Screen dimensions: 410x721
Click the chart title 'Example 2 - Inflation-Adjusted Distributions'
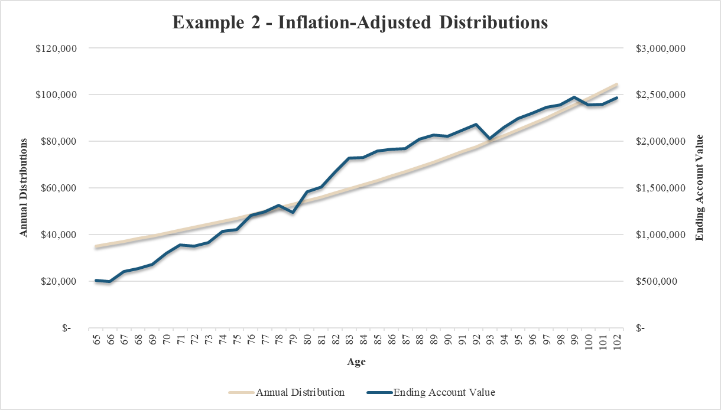(360, 22)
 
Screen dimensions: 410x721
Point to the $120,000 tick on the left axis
(57, 48)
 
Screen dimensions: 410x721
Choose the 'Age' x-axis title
(356, 362)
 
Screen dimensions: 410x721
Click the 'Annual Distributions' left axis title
(24, 188)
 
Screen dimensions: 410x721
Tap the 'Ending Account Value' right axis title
(699, 188)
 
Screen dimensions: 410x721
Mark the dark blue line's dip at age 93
(490, 138)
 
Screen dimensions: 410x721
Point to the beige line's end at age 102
(617, 84)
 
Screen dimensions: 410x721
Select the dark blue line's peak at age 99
(574, 97)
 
